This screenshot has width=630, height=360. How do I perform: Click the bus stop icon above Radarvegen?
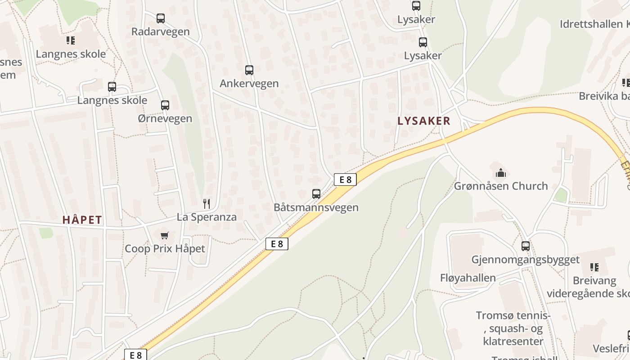point(161,18)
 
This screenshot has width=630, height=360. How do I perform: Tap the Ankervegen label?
point(249,83)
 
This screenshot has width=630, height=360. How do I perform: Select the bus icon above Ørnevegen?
point(165,105)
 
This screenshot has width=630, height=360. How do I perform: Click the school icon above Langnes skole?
point(71,41)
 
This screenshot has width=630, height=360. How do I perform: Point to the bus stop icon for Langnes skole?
point(112,87)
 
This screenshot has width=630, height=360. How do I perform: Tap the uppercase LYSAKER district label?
point(424,121)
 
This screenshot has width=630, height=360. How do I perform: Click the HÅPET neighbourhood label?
point(82,220)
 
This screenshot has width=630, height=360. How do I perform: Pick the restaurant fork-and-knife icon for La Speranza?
point(207,204)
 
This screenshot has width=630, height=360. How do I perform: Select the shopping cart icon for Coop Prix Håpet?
point(165,235)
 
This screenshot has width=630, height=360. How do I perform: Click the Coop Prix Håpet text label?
point(165,248)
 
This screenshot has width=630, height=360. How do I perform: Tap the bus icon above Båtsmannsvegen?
point(316,194)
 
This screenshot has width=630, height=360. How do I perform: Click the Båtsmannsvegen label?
point(316,207)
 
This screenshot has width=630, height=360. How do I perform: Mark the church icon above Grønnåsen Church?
point(500,173)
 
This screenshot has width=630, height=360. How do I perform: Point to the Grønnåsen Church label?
point(501,186)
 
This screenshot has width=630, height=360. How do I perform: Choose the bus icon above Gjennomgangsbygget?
point(526,246)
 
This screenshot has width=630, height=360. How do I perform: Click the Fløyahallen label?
point(468,278)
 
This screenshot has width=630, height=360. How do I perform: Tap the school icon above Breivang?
point(594,268)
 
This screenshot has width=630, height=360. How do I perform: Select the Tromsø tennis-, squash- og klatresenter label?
point(513,328)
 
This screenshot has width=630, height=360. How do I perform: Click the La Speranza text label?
point(207,217)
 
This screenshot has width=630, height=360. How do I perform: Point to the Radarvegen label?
point(161,31)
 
